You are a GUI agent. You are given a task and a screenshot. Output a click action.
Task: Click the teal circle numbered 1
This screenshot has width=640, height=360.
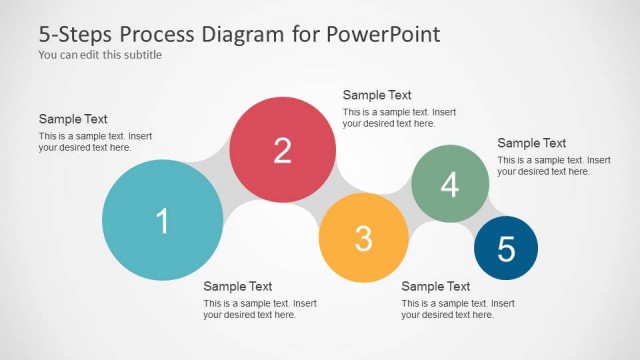point(162,220)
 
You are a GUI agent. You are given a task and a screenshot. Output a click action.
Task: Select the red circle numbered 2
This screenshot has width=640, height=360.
point(283,150)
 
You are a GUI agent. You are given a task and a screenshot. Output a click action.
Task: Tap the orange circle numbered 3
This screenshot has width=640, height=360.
point(363,238)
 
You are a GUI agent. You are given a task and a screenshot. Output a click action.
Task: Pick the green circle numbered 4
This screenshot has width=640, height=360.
point(450,184)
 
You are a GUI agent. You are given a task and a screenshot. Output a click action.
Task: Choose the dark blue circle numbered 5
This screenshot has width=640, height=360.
point(506,248)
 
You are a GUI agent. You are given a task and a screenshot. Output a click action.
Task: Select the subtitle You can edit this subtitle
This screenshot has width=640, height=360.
point(100,55)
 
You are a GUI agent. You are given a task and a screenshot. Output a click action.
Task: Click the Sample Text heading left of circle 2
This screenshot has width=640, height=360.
point(73,119)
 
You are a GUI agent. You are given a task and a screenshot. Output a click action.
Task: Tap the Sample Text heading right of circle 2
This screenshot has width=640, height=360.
point(377,95)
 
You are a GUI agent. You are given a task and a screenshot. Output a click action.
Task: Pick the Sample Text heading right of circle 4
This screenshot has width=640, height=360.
point(532,143)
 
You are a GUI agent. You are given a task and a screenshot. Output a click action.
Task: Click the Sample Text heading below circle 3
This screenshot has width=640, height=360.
point(436,286)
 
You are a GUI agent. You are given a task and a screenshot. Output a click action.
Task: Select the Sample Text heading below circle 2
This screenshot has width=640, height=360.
point(238,286)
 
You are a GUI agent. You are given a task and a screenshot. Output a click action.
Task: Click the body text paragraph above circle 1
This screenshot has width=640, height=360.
point(95,141)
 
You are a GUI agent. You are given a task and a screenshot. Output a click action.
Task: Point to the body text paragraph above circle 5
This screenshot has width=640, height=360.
point(554,165)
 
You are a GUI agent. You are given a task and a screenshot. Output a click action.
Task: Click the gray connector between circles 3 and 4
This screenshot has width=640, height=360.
point(403,204)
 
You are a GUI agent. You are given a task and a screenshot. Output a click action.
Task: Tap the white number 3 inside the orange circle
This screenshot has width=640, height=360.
point(363,238)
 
